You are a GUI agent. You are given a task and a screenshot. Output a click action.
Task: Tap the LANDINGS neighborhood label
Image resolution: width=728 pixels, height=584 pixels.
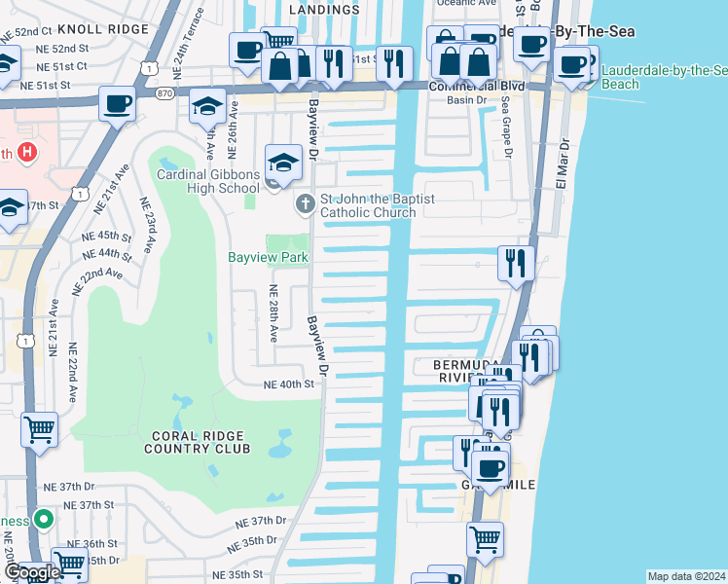point(324,9)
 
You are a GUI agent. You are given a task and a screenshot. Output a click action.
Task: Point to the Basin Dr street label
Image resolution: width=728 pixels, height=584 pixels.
point(465,100)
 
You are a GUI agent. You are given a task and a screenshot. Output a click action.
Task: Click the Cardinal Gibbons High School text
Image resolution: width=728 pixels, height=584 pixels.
point(208,181)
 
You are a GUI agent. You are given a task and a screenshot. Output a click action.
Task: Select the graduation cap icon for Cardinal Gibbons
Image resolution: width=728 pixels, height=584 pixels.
point(282,162)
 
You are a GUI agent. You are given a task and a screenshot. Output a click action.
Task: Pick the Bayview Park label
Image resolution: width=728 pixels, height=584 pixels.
point(268,258)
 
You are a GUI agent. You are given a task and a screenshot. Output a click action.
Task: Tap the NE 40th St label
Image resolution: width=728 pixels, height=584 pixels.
point(291,384)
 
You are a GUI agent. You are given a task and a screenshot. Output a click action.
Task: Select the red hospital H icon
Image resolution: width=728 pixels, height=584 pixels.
point(28,153)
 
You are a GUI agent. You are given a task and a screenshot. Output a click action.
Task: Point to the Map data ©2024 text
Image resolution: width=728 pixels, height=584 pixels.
point(685,576)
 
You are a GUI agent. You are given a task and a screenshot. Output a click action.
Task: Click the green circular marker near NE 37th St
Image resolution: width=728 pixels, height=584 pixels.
point(41,518)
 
